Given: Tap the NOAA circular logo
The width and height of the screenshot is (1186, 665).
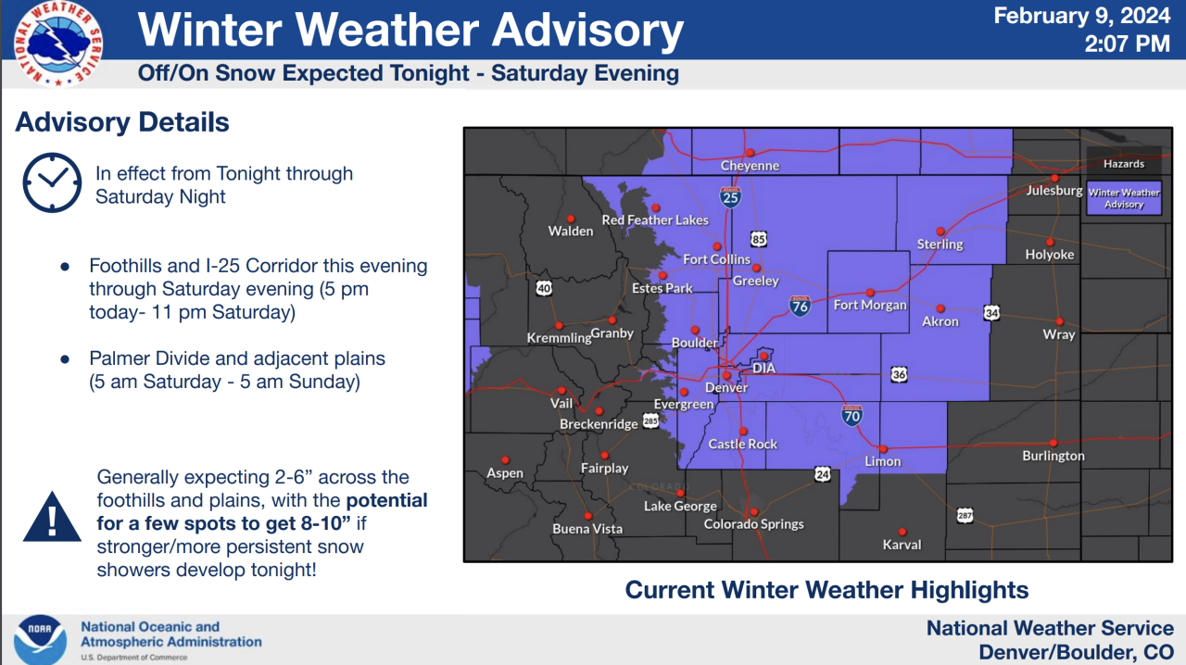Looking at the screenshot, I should coord(40,639).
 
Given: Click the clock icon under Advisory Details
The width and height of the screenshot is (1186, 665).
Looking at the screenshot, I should coord(52,183).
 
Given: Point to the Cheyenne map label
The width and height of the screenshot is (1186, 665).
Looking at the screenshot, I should coord(750,166).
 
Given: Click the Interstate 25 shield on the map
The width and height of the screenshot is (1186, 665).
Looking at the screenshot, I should coord(730,196).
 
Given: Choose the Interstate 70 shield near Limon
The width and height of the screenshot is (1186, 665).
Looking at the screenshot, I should coord(852,415).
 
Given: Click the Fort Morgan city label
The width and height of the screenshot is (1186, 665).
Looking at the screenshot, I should coord(870,305).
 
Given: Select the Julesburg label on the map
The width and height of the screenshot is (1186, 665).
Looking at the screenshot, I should coord(1054,191).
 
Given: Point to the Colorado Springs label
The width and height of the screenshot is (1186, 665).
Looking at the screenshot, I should coord(753,524).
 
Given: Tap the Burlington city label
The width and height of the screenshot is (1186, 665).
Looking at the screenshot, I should coord(1053,456).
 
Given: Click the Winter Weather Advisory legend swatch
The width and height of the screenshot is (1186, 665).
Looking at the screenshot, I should coord(1124,198).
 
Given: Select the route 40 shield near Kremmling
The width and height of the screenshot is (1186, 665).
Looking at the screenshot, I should coord(544,289).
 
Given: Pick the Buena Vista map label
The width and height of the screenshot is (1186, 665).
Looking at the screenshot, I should coord(587,529).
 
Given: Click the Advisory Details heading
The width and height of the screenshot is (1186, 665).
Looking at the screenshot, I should coord(122,122).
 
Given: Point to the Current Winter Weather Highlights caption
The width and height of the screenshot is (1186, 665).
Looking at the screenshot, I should coord(826,590).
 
